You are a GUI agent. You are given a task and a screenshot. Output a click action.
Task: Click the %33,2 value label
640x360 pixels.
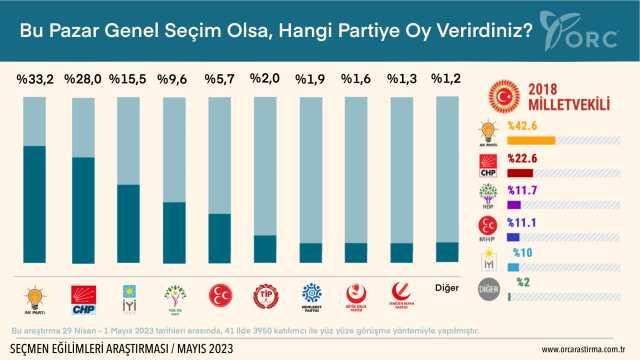(36, 78)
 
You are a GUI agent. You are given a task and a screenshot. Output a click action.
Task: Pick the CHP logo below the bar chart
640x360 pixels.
(82, 294)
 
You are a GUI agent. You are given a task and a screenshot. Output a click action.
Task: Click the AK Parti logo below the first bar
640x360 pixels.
(36, 294)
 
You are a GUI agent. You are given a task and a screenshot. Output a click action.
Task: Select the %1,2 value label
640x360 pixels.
(447, 78)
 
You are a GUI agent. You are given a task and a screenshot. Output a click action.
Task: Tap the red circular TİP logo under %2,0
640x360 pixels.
(265, 294)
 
